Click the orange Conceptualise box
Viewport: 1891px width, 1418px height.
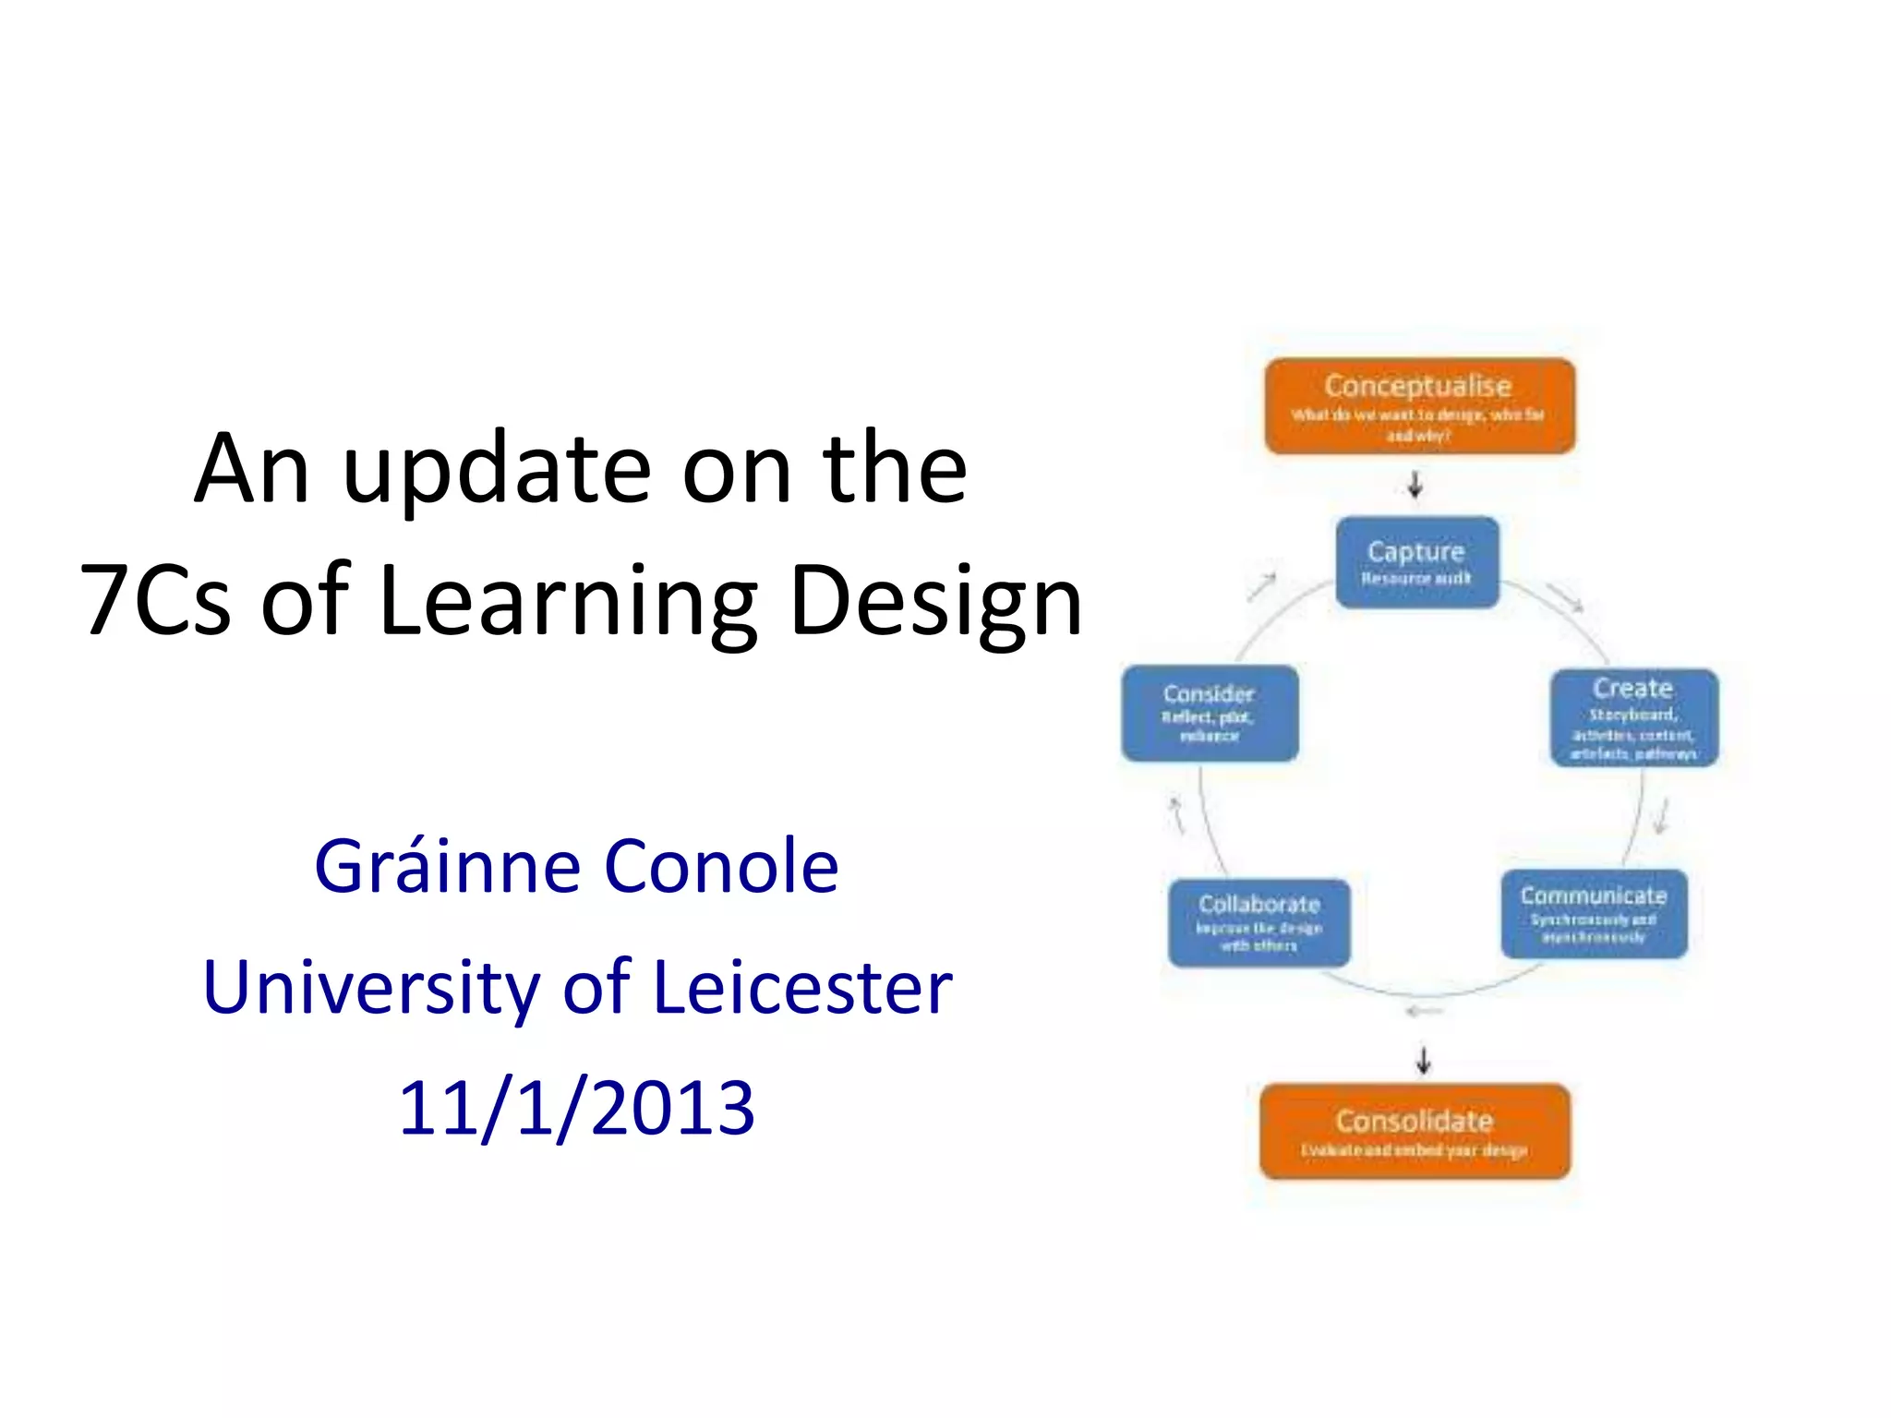1419,406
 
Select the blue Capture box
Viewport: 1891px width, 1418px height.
1416,562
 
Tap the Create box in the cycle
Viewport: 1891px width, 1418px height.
1633,718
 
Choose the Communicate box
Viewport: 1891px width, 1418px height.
1594,914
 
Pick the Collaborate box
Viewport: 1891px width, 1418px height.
1259,922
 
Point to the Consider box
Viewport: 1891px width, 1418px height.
1210,713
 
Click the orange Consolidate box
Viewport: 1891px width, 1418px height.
1415,1131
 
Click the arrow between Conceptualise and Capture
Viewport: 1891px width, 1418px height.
1415,485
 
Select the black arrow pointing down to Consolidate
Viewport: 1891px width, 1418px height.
1423,1061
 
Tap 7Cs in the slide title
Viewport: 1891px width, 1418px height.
155,600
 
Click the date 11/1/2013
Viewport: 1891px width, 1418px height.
576,1108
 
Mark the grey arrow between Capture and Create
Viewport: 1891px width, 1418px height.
1566,597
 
